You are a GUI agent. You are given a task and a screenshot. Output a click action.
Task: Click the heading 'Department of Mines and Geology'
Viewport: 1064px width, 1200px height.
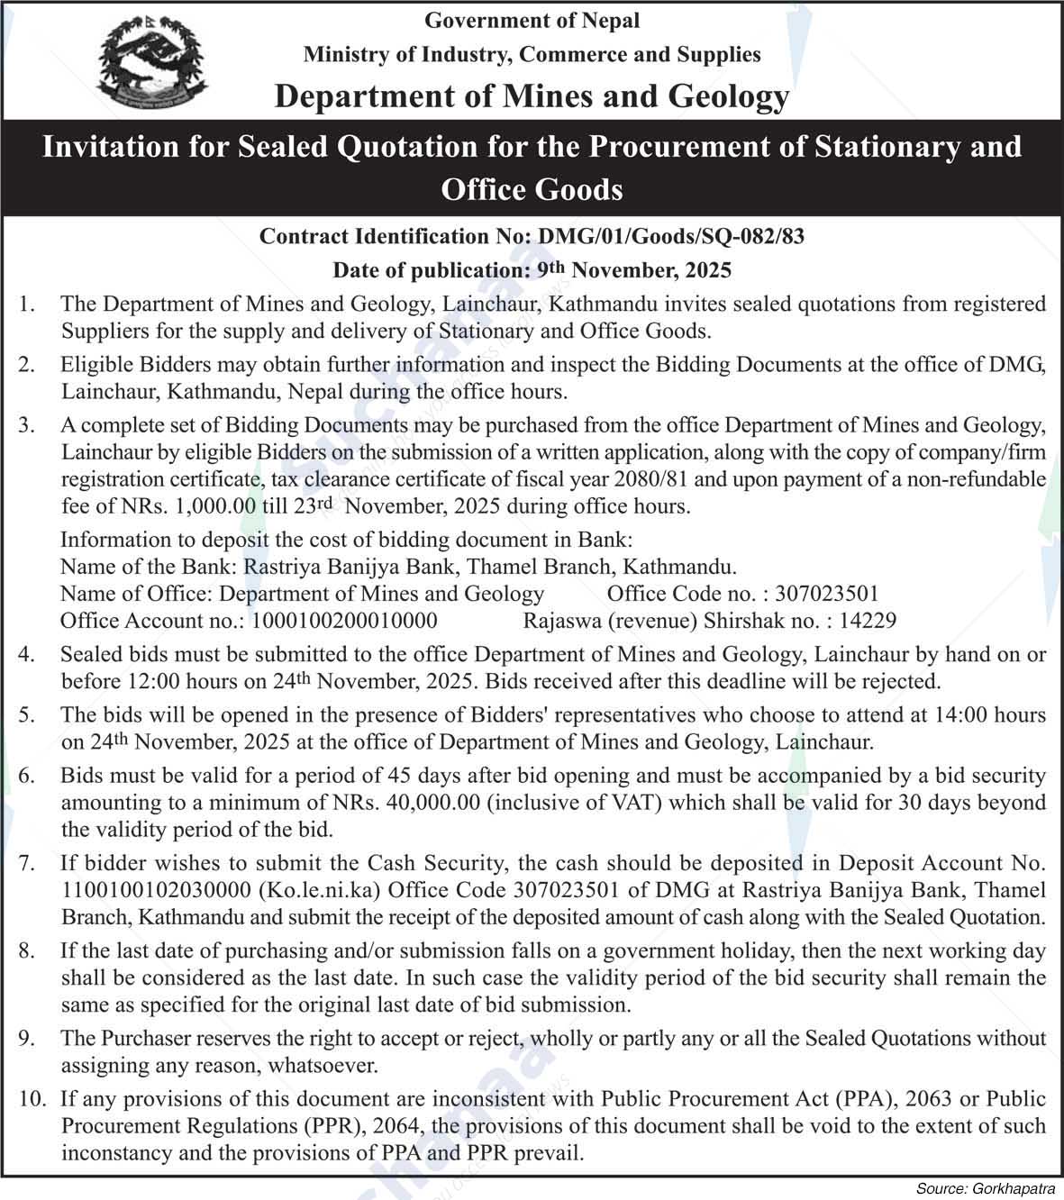tap(532, 95)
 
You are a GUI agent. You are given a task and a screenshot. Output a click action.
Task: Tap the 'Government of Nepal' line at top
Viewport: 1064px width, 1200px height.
tap(532, 20)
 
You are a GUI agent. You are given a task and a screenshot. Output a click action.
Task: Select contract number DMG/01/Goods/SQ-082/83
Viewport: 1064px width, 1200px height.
tap(670, 236)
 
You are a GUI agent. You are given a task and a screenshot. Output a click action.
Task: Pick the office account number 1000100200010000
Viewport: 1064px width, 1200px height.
tap(344, 620)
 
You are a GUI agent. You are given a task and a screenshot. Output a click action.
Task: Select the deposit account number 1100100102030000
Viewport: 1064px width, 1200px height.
tap(156, 890)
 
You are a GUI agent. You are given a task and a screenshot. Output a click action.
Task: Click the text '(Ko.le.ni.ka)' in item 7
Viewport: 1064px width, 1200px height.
tap(314, 890)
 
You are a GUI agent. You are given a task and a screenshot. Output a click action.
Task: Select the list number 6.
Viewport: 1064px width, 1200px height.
tap(27, 776)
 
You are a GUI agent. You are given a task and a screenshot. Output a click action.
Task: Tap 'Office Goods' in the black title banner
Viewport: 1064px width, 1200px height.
tap(532, 189)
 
